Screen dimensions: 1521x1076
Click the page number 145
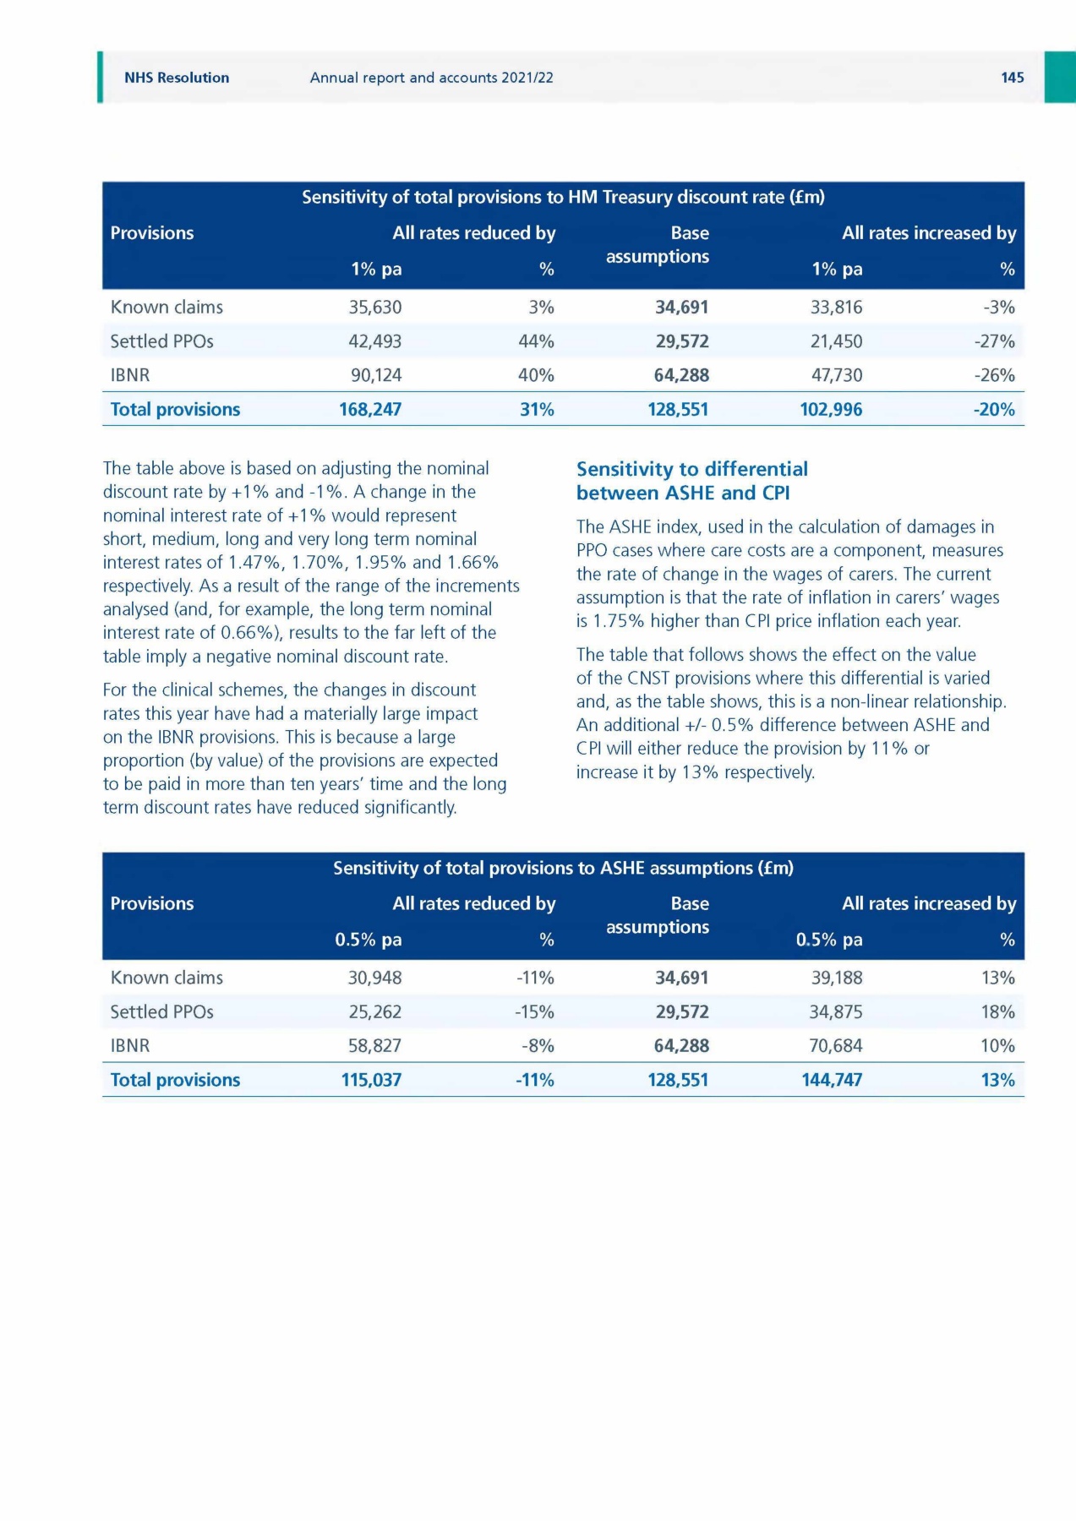(x=1012, y=78)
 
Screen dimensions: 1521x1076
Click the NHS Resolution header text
(x=177, y=78)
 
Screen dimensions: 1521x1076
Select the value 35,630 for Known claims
(x=375, y=308)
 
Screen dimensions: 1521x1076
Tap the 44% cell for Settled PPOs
(x=536, y=341)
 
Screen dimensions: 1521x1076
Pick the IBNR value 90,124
(x=376, y=375)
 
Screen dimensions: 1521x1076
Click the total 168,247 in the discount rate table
(x=370, y=410)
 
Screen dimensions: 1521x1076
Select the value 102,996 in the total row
(x=831, y=410)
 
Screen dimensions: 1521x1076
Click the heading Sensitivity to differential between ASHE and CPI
(x=691, y=481)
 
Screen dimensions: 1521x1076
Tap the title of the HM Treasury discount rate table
(x=563, y=198)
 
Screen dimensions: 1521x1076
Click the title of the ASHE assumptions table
(x=563, y=869)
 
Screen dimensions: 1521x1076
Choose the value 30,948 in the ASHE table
(x=374, y=979)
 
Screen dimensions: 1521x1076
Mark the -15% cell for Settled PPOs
(x=534, y=1012)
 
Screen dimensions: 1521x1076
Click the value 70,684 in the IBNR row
(x=835, y=1046)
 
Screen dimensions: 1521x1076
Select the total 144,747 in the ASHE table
(x=832, y=1081)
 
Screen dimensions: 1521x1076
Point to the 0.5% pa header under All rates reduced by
(x=368, y=940)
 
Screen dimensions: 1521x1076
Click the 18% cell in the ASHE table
(x=997, y=1012)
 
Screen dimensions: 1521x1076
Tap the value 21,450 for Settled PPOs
(x=836, y=341)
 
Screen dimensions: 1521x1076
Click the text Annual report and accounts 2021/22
(x=431, y=78)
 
